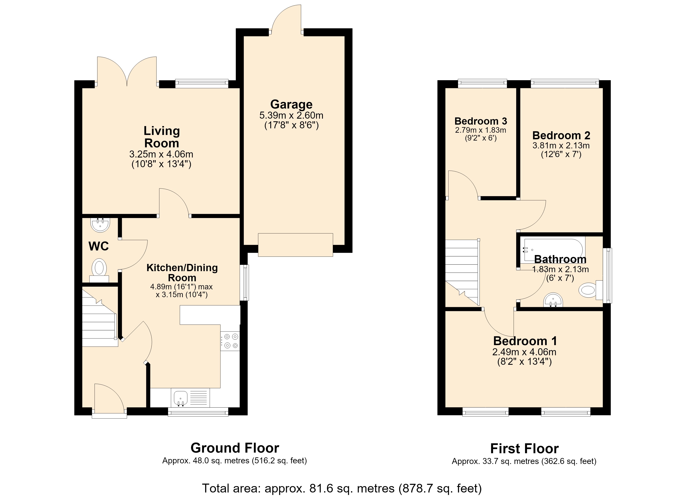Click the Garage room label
[x=291, y=104]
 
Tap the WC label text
[x=99, y=246]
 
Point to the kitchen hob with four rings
[x=230, y=341]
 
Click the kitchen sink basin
[x=181, y=398]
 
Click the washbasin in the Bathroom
[x=553, y=300]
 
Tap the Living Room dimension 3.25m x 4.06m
[x=161, y=154]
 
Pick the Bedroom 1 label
[x=525, y=341]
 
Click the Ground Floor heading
[x=235, y=448]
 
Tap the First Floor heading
[x=524, y=448]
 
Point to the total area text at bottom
[x=342, y=488]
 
